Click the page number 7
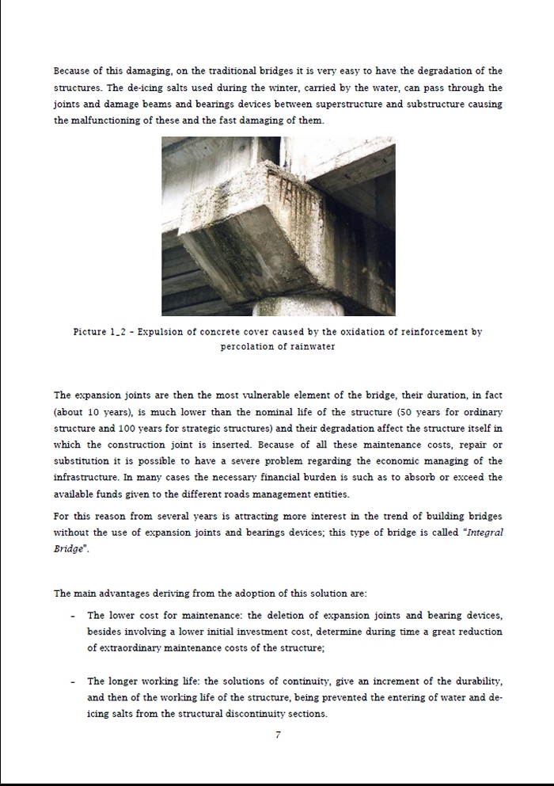pyautogui.click(x=278, y=734)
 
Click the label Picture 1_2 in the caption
pyautogui.click(x=104, y=332)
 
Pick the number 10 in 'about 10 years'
pyautogui.click(x=92, y=412)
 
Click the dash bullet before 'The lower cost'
pyautogui.click(x=73, y=616)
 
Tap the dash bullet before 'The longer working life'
pyautogui.click(x=73, y=681)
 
